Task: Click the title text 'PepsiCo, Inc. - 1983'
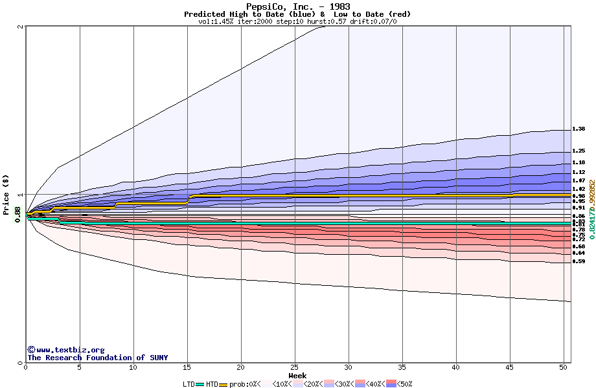pos(297,6)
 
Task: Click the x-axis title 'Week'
pos(297,375)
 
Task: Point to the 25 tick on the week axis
pos(295,367)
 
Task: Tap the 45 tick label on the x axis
pos(510,367)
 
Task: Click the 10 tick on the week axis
pos(133,367)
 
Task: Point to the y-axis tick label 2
pos(21,27)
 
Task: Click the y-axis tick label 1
pos(21,195)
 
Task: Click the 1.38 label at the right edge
pos(579,129)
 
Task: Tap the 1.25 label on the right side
pos(579,151)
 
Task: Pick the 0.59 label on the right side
pos(579,262)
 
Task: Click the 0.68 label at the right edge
pos(579,246)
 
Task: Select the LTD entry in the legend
pos(189,384)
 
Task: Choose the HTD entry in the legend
pos(212,384)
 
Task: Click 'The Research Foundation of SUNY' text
pos(97,358)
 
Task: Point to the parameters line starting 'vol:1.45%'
pos(297,21)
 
